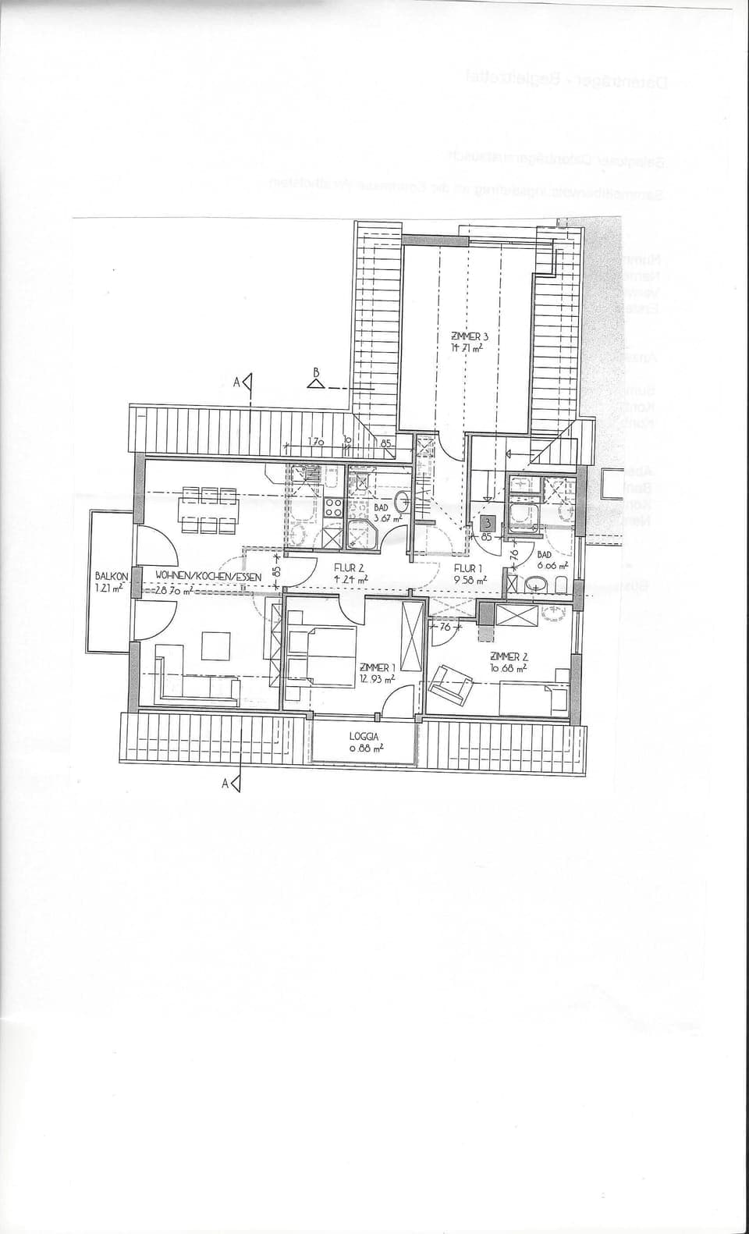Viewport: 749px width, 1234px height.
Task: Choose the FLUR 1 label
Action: (x=468, y=569)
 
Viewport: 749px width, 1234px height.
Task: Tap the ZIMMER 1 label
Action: (x=377, y=667)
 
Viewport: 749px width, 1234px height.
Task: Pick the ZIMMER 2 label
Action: (x=509, y=656)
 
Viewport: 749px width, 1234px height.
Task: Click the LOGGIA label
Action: (x=364, y=736)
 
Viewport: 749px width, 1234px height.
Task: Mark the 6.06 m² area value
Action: (x=552, y=565)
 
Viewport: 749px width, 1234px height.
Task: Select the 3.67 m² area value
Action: (x=387, y=517)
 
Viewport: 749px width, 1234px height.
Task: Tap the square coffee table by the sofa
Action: (x=216, y=645)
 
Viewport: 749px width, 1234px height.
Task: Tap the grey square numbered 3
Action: (x=488, y=523)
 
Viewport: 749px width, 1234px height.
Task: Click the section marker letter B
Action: (x=317, y=374)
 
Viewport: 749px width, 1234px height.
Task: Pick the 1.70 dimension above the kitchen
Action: (x=316, y=442)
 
